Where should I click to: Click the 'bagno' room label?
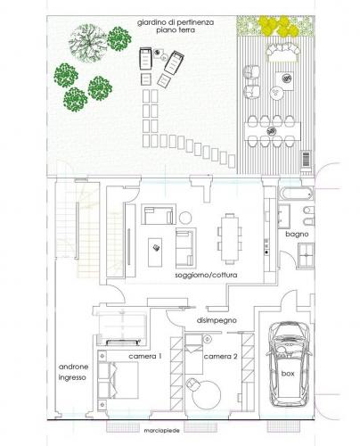[x=297, y=235]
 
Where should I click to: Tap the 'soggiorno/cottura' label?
[x=206, y=275]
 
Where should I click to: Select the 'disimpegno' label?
[x=217, y=320]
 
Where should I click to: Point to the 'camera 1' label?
[x=145, y=356]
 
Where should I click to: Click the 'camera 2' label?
[x=220, y=356]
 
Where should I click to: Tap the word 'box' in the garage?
[x=288, y=374]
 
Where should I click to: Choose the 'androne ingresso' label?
[x=73, y=372]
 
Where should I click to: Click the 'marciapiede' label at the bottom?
[x=161, y=431]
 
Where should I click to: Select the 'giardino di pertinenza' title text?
[x=176, y=22]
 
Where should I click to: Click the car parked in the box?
[x=289, y=363]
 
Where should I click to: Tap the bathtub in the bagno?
[x=296, y=194]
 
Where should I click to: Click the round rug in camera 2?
[x=207, y=394]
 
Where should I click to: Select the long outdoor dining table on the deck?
[x=273, y=131]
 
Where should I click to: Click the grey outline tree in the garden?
[x=87, y=44]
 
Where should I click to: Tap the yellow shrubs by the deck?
[x=277, y=26]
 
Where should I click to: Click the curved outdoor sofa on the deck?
[x=282, y=51]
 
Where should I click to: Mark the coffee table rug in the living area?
[x=155, y=252]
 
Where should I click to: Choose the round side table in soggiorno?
[x=185, y=218]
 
